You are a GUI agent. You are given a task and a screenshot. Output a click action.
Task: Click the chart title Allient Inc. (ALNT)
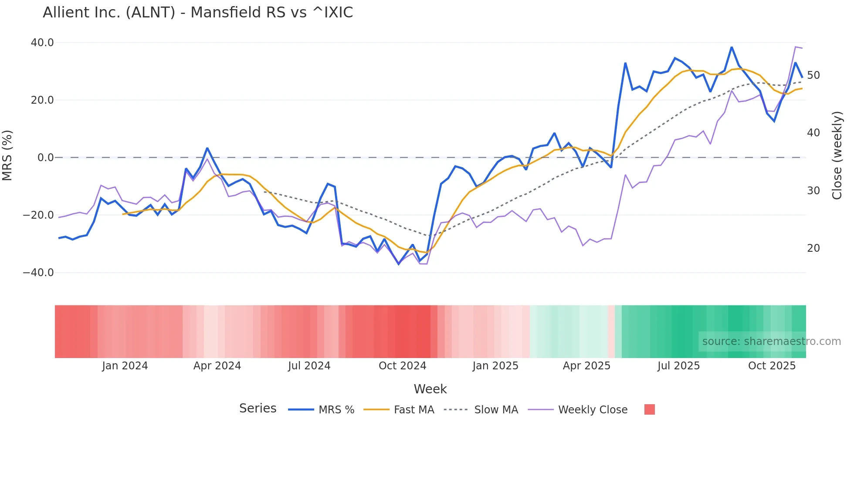pyautogui.click(x=198, y=13)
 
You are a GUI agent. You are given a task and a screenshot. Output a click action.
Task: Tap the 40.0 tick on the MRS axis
pyautogui.click(x=42, y=43)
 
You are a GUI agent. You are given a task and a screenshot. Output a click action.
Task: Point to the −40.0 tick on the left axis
pyautogui.click(x=38, y=273)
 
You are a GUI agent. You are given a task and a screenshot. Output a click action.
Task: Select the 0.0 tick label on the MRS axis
pyautogui.click(x=46, y=158)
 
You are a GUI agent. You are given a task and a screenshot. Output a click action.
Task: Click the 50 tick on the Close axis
pyautogui.click(x=813, y=75)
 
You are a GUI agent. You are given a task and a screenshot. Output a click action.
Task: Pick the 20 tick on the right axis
pyautogui.click(x=813, y=248)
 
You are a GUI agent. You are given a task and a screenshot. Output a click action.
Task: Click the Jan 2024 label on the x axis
pyautogui.click(x=125, y=366)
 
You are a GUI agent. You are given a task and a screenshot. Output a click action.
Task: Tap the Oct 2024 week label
pyautogui.click(x=402, y=366)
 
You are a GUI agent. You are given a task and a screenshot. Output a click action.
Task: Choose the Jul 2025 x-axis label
pyautogui.click(x=678, y=366)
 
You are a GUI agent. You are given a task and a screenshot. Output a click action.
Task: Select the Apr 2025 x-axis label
pyautogui.click(x=586, y=366)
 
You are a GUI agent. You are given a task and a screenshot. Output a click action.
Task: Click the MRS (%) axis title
pyautogui.click(x=7, y=155)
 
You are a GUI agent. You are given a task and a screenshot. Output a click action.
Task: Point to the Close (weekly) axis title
pyautogui.click(x=837, y=155)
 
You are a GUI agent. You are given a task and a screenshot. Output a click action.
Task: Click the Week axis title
pyautogui.click(x=430, y=389)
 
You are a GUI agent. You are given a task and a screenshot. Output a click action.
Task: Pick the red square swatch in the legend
pyautogui.click(x=650, y=409)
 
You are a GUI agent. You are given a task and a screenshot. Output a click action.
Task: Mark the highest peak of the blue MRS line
pyautogui.click(x=732, y=47)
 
